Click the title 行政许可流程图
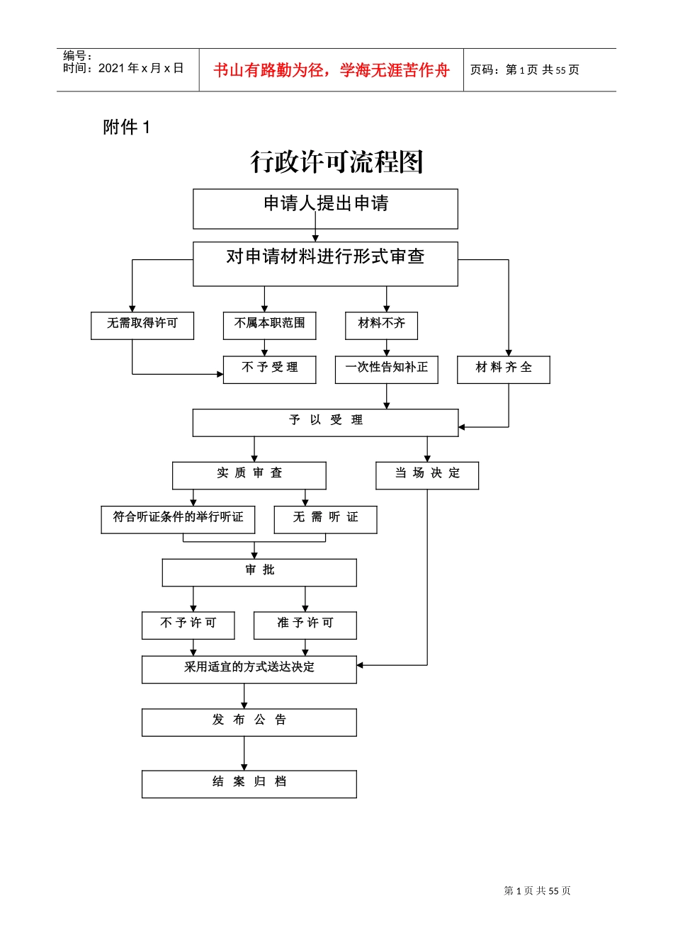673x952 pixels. (336, 162)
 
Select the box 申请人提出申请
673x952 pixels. (325, 209)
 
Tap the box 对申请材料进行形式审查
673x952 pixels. (325, 263)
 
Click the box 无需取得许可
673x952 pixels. (142, 326)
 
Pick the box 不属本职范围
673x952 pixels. (269, 326)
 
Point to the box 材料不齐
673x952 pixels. (381, 326)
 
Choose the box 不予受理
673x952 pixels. (269, 370)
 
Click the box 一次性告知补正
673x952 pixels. (386, 370)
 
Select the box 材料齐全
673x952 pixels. (503, 370)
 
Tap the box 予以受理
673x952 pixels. (325, 422)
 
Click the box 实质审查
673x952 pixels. (249, 475)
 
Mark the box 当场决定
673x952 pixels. (427, 475)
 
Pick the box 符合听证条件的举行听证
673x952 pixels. (178, 519)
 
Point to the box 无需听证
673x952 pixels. (325, 519)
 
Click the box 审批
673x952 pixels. (259, 572)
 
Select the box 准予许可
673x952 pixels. (305, 625)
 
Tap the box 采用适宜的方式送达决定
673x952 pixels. (249, 669)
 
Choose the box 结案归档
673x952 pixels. (249, 784)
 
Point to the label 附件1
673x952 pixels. (127, 127)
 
